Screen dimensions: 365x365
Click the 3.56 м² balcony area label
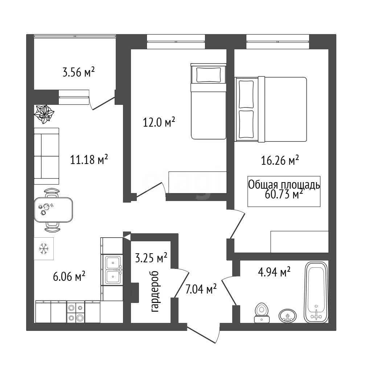tap(79, 72)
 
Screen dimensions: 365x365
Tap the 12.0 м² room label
tap(159, 122)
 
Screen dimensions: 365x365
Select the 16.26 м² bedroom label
tap(280, 160)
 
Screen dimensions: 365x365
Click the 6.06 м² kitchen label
tap(69, 276)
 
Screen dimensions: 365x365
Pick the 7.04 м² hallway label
tap(201, 289)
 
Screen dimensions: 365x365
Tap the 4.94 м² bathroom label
tap(274, 272)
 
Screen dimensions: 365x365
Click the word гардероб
tap(155, 291)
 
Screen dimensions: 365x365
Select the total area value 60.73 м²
tap(284, 194)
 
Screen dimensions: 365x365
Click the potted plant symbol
tap(44, 114)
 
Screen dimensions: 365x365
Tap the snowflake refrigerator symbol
tap(44, 249)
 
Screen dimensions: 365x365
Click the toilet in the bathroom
tap(262, 313)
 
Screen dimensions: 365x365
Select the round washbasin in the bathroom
tap(288, 316)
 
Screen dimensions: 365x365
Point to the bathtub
tap(316, 292)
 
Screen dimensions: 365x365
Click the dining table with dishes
tap(53, 210)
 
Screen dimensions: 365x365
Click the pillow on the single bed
tap(208, 75)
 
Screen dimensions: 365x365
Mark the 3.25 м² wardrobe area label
tap(151, 258)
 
